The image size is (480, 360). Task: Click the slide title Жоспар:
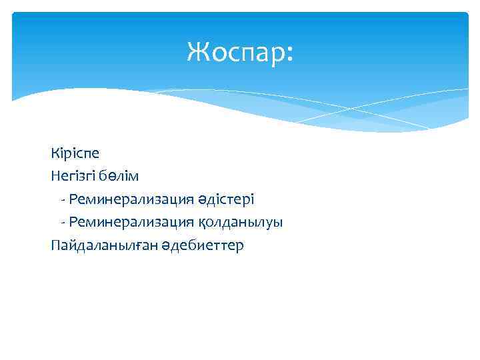coord(239,51)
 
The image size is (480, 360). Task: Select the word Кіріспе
coord(75,153)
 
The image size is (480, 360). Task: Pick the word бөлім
coord(121,176)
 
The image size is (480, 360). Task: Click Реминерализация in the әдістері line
coord(131,199)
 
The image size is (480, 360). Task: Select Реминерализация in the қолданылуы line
coord(131,222)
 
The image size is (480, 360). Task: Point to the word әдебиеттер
coord(202,245)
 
